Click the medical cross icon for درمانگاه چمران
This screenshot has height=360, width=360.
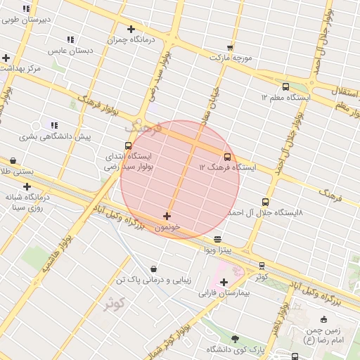tap(131, 29)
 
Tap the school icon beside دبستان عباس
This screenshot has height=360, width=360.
tap(70, 39)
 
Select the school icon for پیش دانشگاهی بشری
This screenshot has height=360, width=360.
tap(55, 125)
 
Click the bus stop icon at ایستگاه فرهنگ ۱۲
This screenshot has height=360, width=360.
tap(227, 157)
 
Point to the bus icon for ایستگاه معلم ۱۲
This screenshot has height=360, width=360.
tap(285, 86)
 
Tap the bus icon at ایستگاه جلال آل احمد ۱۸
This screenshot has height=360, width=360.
tap(265, 202)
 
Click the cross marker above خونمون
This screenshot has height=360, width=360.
tap(167, 216)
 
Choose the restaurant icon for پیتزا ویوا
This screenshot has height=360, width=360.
tap(217, 239)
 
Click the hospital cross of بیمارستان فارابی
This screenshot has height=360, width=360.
tap(224, 282)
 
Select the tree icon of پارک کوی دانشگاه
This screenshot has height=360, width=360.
tap(235, 338)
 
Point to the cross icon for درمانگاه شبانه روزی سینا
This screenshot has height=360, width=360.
tap(27, 186)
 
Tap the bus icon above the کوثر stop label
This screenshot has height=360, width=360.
tap(262, 266)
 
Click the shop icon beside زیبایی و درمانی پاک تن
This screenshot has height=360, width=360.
tap(154, 269)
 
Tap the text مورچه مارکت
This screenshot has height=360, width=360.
tap(233, 56)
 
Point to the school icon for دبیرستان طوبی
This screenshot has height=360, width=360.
tap(26, 9)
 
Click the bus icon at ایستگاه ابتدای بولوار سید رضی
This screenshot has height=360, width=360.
tap(128, 146)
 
